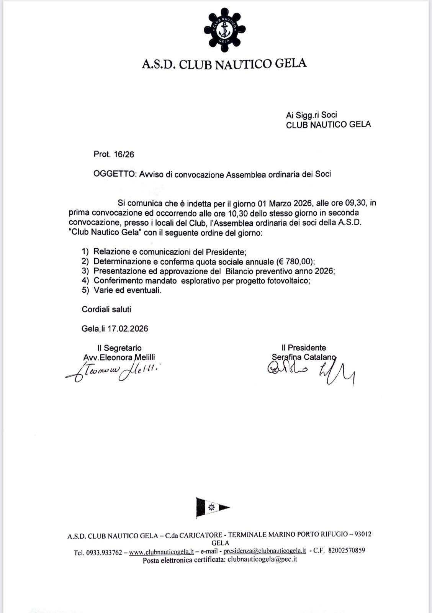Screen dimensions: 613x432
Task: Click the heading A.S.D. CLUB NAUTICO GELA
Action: pos(224,64)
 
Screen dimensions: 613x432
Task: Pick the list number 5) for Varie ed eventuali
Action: pos(85,290)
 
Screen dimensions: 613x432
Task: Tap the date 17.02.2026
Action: pos(128,329)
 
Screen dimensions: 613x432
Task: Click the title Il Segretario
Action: pos(119,348)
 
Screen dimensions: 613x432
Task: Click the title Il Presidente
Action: pos(304,347)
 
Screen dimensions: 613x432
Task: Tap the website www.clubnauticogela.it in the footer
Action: pos(161,552)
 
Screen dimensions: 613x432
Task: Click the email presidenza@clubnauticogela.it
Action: pos(264,551)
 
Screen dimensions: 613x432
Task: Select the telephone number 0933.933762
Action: pos(104,552)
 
